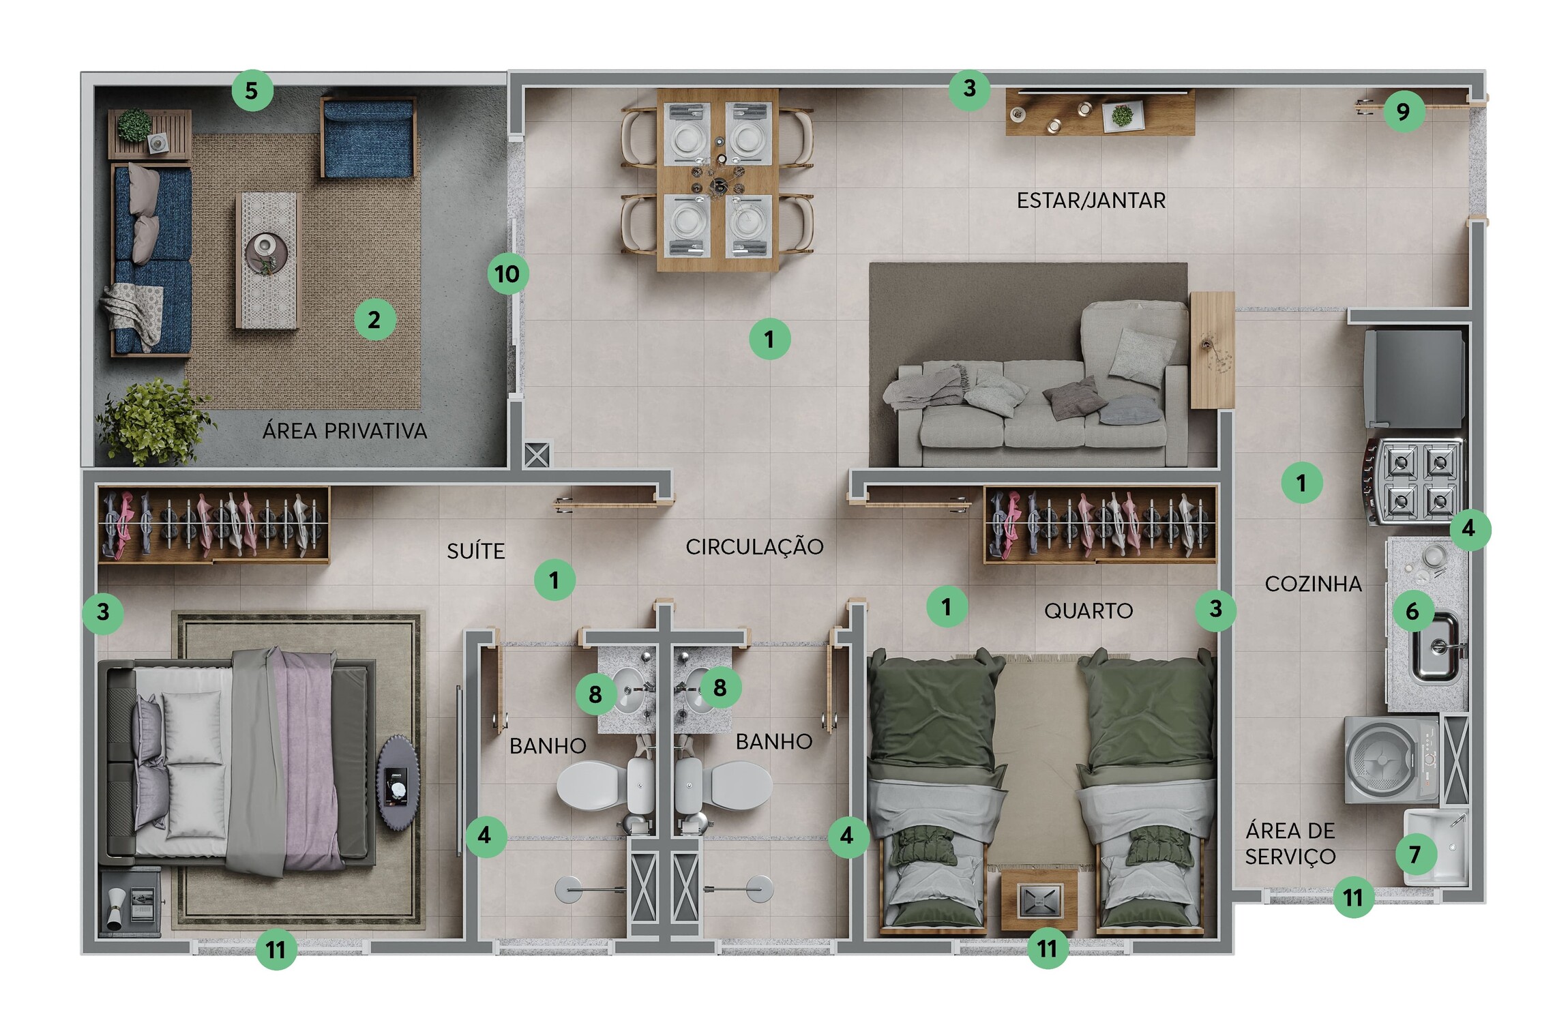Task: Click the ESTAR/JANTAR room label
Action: pyautogui.click(x=1091, y=200)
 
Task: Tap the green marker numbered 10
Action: pyautogui.click(x=507, y=274)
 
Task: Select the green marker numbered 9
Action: pyautogui.click(x=1403, y=111)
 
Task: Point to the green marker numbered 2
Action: pyautogui.click(x=374, y=319)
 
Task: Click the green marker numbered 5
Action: pyautogui.click(x=252, y=90)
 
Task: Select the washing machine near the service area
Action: pyautogui.click(x=1391, y=759)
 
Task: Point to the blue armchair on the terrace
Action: pyautogui.click(x=368, y=138)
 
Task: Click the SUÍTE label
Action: pyautogui.click(x=476, y=551)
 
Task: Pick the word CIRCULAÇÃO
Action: pyautogui.click(x=754, y=547)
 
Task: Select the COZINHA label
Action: pyautogui.click(x=1313, y=584)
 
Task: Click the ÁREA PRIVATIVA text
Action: pyautogui.click(x=344, y=431)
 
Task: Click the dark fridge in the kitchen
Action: pyautogui.click(x=1415, y=379)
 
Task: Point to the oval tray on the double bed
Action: pyautogui.click(x=398, y=782)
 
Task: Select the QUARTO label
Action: pyautogui.click(x=1088, y=611)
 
